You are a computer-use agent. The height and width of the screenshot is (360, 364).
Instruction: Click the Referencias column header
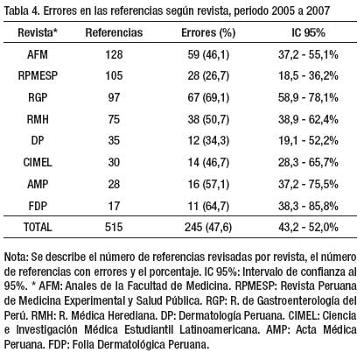coord(114,32)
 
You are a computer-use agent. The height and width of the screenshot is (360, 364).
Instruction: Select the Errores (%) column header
coord(208,32)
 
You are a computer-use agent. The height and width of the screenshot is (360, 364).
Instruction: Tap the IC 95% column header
coord(308,32)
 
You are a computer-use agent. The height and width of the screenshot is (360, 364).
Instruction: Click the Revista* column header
coord(38,32)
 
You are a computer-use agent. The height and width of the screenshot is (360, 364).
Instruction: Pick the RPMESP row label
coord(38,76)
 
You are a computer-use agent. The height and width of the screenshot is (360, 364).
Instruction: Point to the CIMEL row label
coord(38,162)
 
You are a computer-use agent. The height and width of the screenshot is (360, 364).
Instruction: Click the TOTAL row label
coord(38,227)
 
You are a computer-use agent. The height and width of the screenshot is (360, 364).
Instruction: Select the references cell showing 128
coord(114,54)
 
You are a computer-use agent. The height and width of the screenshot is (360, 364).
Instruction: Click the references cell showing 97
coord(114,97)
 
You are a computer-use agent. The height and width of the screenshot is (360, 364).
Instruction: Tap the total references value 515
coord(114,227)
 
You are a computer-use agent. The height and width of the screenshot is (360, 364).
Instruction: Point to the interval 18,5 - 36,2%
coord(308,76)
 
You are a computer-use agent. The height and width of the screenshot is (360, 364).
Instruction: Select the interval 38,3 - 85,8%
coord(308,206)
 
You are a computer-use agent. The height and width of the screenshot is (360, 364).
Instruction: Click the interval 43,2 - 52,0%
coord(308,227)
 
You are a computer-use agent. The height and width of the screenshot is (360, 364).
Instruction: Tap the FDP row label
coord(38,206)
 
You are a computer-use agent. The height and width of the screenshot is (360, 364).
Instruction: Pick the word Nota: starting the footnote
coord(16,257)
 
